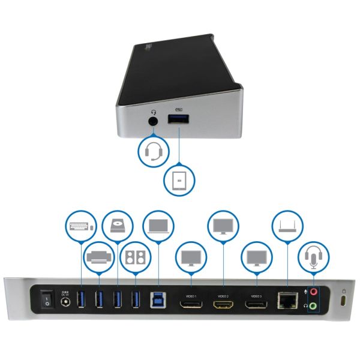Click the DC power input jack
tap(65, 302)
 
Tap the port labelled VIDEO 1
tap(191, 305)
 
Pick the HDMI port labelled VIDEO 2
tap(223, 305)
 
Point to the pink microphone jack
tap(313, 293)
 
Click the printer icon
tap(98, 257)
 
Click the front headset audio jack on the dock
tap(154, 120)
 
